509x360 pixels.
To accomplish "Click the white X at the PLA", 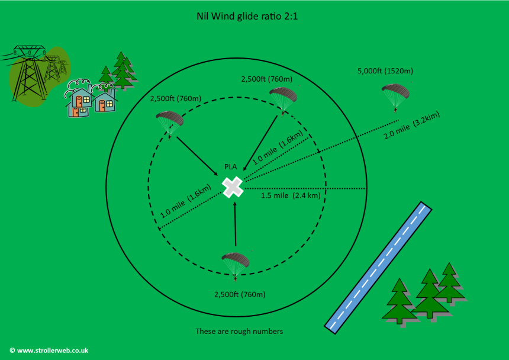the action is tap(233, 187).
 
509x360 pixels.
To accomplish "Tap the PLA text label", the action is tap(230, 167).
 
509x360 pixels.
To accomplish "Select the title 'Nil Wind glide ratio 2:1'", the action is tap(247, 16).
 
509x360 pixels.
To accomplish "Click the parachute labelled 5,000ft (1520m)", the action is tap(395, 97).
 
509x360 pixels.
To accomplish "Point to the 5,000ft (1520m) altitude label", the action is tap(385, 71).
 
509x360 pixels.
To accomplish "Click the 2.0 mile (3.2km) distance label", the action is tap(411, 125).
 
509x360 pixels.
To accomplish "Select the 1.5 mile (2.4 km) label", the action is tap(291, 195).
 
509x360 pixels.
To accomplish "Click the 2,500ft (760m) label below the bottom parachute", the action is tap(240, 294).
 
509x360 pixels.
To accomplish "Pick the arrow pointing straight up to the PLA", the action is tap(236, 224).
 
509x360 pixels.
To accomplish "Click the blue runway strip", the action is tap(378, 268).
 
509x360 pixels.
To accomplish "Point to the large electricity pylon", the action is tap(28, 73).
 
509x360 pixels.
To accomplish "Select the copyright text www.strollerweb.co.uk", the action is tap(49, 351).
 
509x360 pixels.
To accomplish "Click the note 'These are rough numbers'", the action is tap(239, 332).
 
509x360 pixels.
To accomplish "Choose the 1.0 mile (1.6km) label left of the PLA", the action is tap(186, 201).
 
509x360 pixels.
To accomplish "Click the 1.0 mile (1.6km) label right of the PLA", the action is tap(278, 147).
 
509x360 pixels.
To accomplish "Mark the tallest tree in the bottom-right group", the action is tap(430, 293).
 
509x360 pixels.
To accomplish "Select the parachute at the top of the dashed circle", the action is tap(283, 101).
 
